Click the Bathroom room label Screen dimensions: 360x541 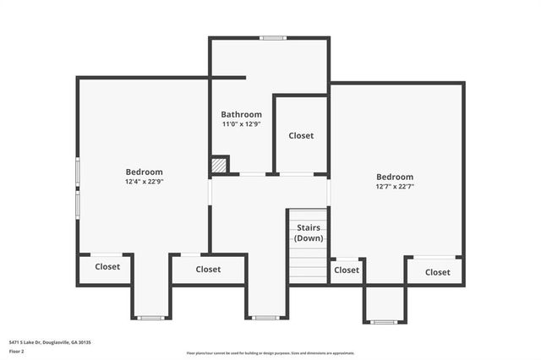(x=241, y=114)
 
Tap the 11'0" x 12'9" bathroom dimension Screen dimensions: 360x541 (x=241, y=124)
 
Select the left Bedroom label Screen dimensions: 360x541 (x=144, y=172)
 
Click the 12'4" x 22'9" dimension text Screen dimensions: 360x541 (x=144, y=182)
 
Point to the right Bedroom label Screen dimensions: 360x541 (x=395, y=177)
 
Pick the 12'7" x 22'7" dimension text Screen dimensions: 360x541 (x=395, y=187)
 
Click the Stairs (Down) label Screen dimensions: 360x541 (x=308, y=233)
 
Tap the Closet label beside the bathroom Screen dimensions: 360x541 (x=301, y=135)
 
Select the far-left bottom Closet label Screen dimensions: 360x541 (x=107, y=266)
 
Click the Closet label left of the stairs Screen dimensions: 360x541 (x=208, y=270)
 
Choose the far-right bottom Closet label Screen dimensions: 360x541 (x=437, y=272)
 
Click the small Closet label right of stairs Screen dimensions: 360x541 (x=347, y=270)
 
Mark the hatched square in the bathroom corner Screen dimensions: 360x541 (x=220, y=165)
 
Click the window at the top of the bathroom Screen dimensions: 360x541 (x=272, y=37)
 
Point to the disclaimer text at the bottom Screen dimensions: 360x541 (x=270, y=353)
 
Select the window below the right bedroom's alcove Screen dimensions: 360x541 (x=384, y=322)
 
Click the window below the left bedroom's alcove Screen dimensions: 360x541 (x=151, y=318)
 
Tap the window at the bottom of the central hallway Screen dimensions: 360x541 (x=265, y=318)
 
